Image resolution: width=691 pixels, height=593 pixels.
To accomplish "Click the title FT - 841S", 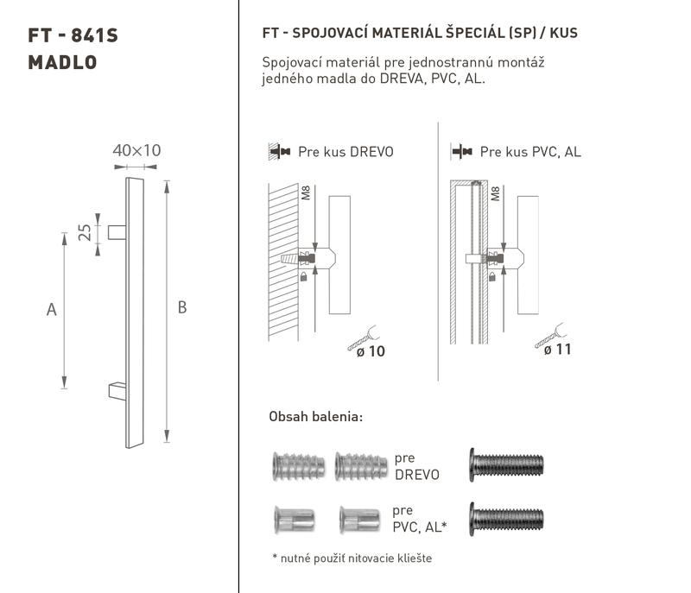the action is point(73,35).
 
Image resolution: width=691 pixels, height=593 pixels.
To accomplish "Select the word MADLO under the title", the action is point(62,62).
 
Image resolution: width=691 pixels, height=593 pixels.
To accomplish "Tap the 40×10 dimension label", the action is point(136,150).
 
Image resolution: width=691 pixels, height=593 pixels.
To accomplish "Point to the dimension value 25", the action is point(84,232).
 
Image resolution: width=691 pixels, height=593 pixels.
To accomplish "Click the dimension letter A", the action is point(52,310).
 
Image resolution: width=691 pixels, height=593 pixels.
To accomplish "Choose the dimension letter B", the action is point(182,307).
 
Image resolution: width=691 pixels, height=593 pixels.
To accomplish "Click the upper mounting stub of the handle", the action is point(117,232).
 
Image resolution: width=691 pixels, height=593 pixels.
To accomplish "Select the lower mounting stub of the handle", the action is point(117,391).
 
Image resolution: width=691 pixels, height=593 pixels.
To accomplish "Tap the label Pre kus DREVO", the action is point(345,152).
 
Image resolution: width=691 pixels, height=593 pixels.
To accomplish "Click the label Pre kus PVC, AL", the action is point(530,152).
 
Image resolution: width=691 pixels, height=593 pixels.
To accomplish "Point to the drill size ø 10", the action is point(371,351).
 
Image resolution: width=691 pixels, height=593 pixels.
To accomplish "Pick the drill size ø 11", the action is point(557,350).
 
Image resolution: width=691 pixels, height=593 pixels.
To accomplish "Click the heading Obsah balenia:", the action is point(316,416).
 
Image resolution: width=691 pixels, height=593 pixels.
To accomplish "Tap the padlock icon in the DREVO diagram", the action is point(303,276).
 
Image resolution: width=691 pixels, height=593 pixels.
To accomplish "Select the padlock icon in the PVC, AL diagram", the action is point(492,276).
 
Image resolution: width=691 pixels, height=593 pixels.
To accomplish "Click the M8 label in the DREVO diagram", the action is point(306,192).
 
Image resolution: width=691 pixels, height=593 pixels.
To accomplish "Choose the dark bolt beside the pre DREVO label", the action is point(506,465).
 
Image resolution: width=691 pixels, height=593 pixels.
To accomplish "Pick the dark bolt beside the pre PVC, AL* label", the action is point(506,519).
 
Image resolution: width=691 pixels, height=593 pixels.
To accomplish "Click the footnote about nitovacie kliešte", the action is point(352,558).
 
